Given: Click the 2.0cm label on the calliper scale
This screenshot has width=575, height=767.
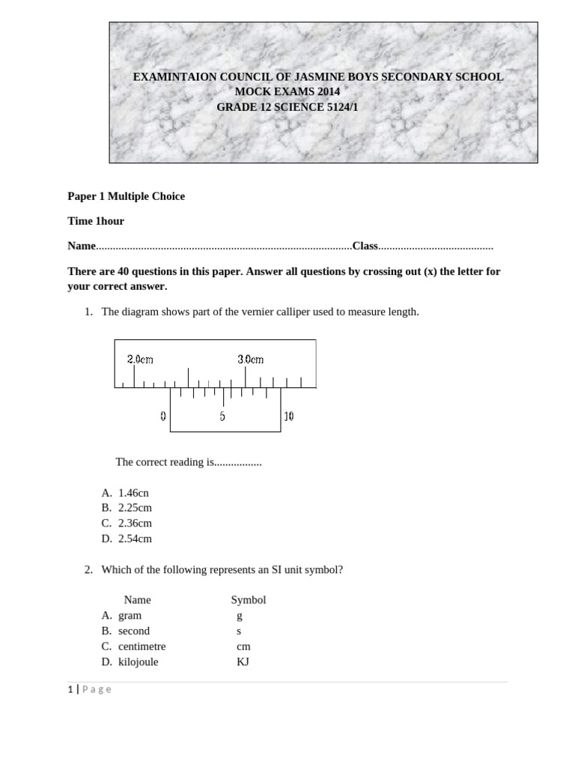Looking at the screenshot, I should pyautogui.click(x=140, y=360).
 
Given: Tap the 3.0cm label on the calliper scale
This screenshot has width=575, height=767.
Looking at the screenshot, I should pyautogui.click(x=251, y=360).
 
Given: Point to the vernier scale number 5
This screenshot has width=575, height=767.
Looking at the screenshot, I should pyautogui.click(x=222, y=416).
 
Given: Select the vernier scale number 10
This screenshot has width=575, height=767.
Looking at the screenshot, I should pyautogui.click(x=289, y=416).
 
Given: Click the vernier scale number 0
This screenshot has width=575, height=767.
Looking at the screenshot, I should pyautogui.click(x=162, y=416).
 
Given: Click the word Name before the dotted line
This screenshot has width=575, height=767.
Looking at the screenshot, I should pyautogui.click(x=82, y=246).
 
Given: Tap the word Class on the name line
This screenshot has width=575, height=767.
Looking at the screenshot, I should pyautogui.click(x=365, y=246).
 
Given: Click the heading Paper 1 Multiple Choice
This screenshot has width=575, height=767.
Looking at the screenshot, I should pyautogui.click(x=126, y=196).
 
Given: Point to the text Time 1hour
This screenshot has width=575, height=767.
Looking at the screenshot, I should pyautogui.click(x=96, y=221).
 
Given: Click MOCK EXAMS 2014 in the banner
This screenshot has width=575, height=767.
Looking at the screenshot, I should pyautogui.click(x=287, y=91).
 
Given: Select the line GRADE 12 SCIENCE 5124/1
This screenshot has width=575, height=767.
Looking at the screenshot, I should pyautogui.click(x=282, y=107).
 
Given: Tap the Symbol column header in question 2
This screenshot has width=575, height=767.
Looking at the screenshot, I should pyautogui.click(x=249, y=600).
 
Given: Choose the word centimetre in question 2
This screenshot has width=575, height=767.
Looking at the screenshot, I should pyautogui.click(x=142, y=646).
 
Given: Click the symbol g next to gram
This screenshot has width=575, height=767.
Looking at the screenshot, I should pyautogui.click(x=239, y=616).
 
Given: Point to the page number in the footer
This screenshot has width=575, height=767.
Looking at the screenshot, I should pyautogui.click(x=70, y=690).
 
